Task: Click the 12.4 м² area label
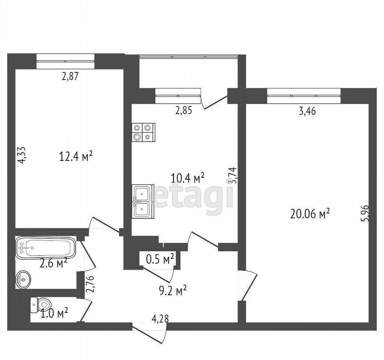click(x=76, y=156)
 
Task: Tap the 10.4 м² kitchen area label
click(x=188, y=178)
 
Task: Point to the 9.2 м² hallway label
click(x=173, y=290)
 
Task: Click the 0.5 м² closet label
click(x=160, y=259)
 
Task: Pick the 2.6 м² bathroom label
click(x=54, y=264)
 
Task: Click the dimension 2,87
click(x=70, y=76)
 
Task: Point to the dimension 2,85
click(x=184, y=111)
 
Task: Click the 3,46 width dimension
click(x=308, y=112)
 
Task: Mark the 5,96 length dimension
click(x=365, y=213)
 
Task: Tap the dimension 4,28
click(x=160, y=319)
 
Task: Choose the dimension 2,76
click(x=90, y=284)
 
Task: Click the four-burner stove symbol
click(x=143, y=132)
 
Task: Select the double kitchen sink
click(x=143, y=201)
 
